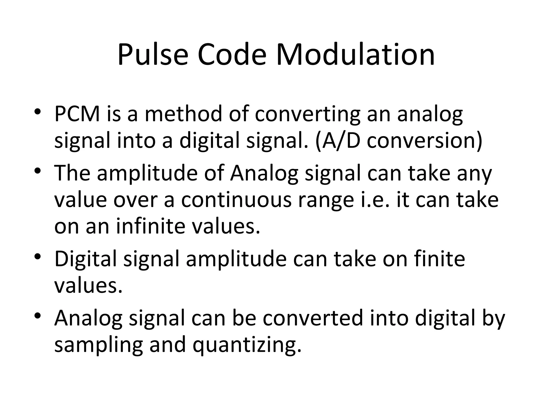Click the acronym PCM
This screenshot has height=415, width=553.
tap(77, 114)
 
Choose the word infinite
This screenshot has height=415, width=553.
tap(151, 226)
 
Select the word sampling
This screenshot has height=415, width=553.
tap(98, 345)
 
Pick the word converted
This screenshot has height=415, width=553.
tap(313, 318)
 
